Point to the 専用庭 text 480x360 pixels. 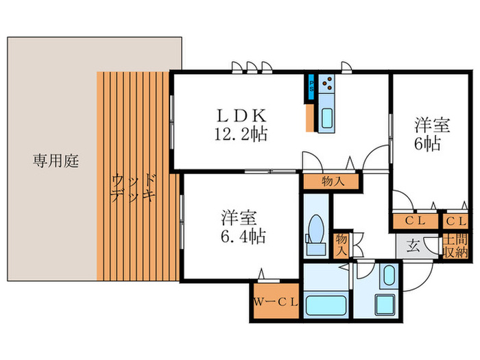pyautogui.click(x=56, y=162)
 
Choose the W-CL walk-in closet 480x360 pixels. pyautogui.click(x=274, y=302)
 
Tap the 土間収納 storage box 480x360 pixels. pyautogui.click(x=454, y=247)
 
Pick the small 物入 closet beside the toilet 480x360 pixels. pyautogui.click(x=341, y=245)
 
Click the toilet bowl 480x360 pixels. pyautogui.click(x=317, y=226)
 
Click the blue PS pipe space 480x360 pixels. pyautogui.click(x=311, y=84)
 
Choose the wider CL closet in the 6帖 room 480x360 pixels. pyautogui.click(x=414, y=221)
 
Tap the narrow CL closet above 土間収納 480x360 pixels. pyautogui.click(x=454, y=221)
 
